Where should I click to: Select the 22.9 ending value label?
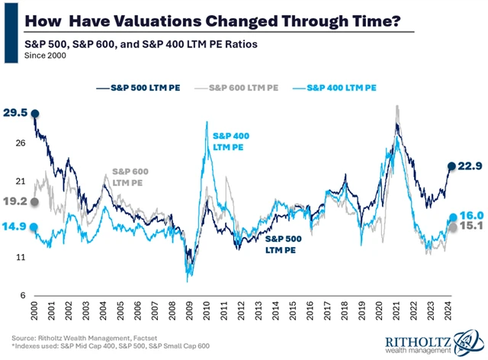pos(470,166)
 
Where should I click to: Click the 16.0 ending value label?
pos(470,217)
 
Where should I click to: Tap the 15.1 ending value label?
pos(470,227)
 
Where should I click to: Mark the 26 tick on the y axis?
pos(20,143)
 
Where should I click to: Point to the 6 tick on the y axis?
pos(23,296)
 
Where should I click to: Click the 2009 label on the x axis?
pos(188,314)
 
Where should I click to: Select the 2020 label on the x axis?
pos(380,314)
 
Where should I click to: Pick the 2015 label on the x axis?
pos(292,314)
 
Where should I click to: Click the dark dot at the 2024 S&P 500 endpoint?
pos(451,166)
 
